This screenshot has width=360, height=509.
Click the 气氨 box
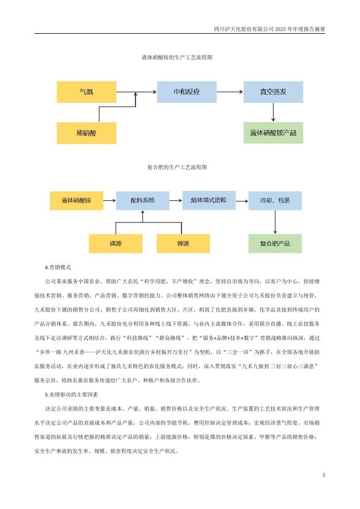point(86,92)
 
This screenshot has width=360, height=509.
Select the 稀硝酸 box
point(86,133)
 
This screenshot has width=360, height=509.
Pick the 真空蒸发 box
point(273,92)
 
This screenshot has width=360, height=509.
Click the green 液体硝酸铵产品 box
point(273,133)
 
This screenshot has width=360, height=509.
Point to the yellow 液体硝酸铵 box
point(77,201)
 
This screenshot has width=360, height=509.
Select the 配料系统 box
point(142,201)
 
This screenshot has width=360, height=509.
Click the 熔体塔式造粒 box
point(209,200)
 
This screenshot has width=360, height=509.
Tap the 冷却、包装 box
point(275,201)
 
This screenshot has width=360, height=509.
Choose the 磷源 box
point(115,243)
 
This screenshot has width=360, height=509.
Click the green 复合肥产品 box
point(275,243)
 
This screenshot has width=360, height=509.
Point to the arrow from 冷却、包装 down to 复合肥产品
point(275,222)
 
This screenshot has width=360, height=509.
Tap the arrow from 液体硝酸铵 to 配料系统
point(109,201)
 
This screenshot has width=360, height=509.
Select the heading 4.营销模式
point(58,268)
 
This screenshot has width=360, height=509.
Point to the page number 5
point(324,475)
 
